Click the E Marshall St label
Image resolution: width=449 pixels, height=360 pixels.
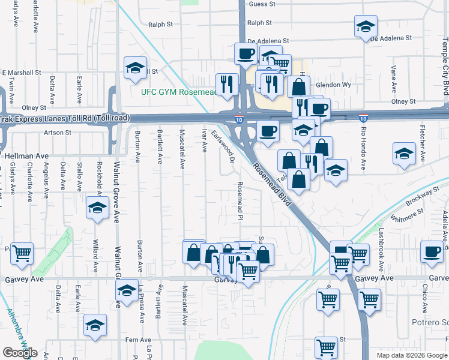pyautogui.click(x=22, y=71)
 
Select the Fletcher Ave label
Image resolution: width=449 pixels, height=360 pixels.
pyautogui.click(x=423, y=148)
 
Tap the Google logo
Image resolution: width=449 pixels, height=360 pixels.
pyautogui.click(x=20, y=353)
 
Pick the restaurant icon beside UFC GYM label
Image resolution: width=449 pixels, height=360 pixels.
pyautogui.click(x=227, y=83)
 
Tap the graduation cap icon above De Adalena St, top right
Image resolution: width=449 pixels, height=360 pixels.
pyautogui.click(x=365, y=26)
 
